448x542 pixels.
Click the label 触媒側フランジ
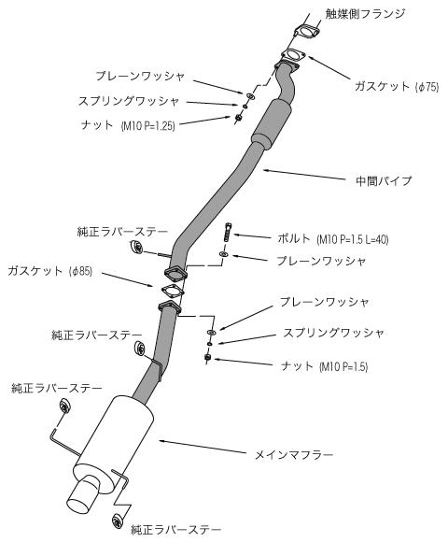click(365, 14)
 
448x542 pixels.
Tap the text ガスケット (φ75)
click(397, 86)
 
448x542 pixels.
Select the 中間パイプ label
click(384, 180)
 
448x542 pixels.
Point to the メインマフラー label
click(294, 454)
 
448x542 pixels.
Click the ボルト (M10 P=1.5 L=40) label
click(333, 239)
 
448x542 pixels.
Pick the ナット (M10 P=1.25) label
click(128, 125)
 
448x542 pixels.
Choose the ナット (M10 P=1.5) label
click(325, 366)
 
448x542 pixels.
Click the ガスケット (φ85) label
click(50, 271)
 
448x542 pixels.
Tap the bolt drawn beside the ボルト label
click(229, 233)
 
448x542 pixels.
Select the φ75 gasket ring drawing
click(293, 56)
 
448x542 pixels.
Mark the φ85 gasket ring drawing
click(172, 291)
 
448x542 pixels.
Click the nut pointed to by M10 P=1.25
click(238, 118)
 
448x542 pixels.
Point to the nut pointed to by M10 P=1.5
click(207, 357)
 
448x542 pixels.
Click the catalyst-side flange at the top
click(307, 31)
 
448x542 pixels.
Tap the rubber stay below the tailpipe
click(118, 521)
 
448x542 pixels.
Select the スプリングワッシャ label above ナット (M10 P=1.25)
click(129, 101)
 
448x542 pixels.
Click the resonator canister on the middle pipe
click(272, 124)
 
